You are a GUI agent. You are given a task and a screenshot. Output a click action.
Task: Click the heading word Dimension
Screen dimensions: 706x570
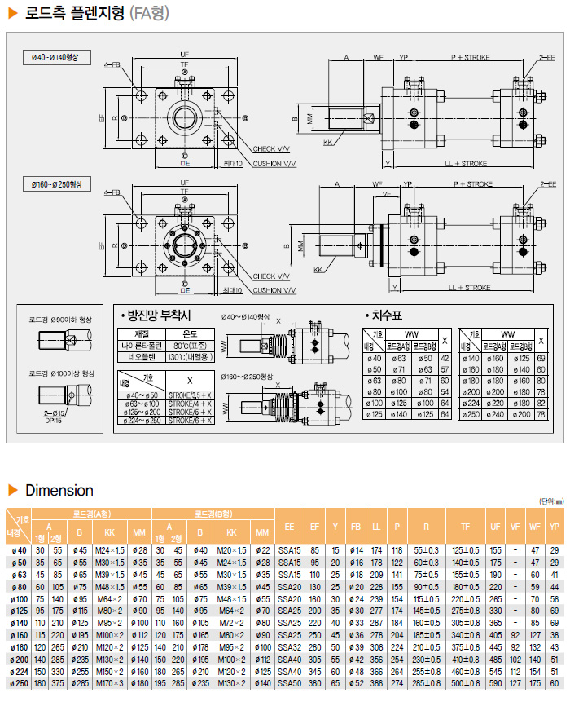[x=59, y=490]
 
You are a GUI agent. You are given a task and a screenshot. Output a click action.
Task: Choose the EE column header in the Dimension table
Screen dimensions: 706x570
[x=289, y=525]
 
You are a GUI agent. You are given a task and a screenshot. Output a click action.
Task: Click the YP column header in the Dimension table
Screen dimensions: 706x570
[x=554, y=525]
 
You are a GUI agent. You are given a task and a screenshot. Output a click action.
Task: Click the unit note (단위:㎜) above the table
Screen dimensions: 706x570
[x=551, y=501]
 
